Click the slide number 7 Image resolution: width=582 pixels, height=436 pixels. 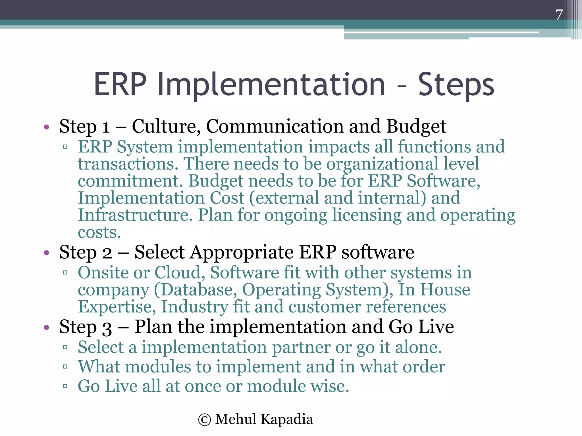[x=559, y=15]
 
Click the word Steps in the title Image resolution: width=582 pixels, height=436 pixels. [x=456, y=85]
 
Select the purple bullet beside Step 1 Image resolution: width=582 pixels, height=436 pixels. [x=47, y=127]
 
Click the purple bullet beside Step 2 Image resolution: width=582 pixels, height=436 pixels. [x=47, y=253]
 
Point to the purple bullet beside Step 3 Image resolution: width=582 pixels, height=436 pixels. [x=47, y=328]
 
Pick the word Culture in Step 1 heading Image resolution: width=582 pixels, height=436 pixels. [x=166, y=127]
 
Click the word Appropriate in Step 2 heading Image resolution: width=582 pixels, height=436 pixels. [x=242, y=253]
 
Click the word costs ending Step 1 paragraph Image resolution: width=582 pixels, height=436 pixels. [x=99, y=233]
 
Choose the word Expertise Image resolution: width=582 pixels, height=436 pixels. [x=117, y=307]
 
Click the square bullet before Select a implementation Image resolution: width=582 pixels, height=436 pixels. [x=65, y=347]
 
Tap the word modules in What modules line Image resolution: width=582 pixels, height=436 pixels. [x=158, y=367]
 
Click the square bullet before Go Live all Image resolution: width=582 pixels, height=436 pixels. [x=65, y=386]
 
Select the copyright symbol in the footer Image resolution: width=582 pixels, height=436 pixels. [x=205, y=420]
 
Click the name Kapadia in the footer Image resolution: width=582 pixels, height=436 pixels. [x=287, y=419]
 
